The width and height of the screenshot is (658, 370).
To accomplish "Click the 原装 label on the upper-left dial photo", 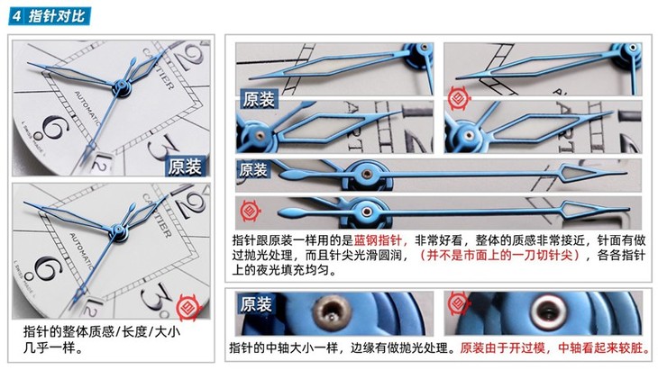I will point(187,167).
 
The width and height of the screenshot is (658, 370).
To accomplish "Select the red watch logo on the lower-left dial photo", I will point(188,303).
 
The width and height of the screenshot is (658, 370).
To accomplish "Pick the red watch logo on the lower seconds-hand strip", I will point(252,212).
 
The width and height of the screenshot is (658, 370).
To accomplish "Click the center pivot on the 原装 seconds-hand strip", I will point(368,173).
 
